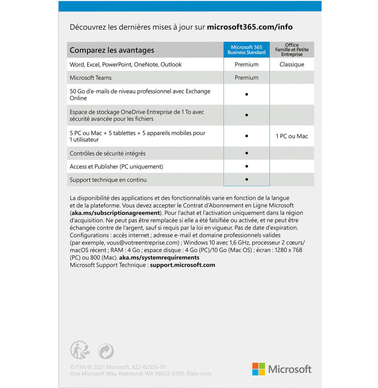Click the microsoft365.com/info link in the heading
[x=249, y=27]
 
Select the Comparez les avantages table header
[x=112, y=50]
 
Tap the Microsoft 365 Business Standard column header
[x=246, y=50]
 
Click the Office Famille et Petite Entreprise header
[x=292, y=50]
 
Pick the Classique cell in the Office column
[x=292, y=64]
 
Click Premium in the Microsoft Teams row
[x=246, y=78]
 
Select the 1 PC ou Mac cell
[x=292, y=136]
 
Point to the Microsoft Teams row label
[x=91, y=78]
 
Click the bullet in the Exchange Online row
[x=247, y=94]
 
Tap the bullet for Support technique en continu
[x=247, y=179]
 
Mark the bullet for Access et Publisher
[x=247, y=166]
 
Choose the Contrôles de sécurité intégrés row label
[x=108, y=153]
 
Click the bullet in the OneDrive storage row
[x=247, y=115]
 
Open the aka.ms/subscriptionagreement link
[x=115, y=213]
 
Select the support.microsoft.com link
[x=182, y=265]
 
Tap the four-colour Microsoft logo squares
[x=258, y=369]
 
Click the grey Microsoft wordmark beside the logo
[x=290, y=369]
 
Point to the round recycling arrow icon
[x=106, y=351]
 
